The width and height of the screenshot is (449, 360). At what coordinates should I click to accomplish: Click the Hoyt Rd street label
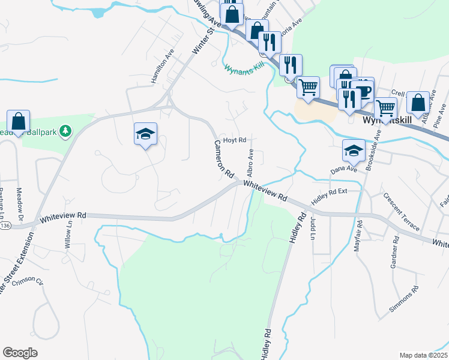pos(235,140)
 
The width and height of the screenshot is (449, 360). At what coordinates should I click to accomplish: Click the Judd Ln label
pos(313,229)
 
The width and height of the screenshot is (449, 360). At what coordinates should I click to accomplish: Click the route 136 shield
pos(5,225)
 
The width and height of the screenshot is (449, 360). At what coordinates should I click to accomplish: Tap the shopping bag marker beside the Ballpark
pos(19,121)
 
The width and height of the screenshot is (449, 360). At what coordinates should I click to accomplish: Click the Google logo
pos(20,353)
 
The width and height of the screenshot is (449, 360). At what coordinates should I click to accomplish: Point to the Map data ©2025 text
pos(423,355)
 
